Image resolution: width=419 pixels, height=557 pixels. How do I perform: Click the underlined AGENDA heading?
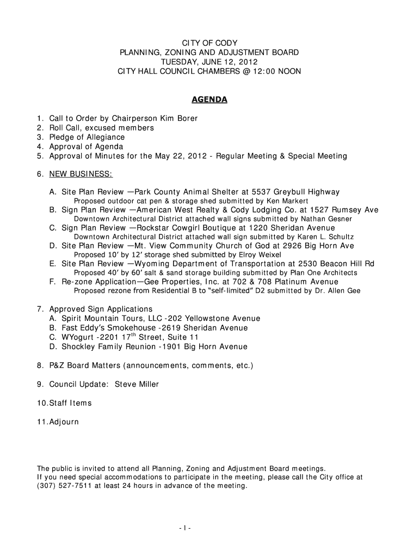(x=209, y=101)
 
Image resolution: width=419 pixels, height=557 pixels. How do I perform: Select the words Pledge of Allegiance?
(x=87, y=137)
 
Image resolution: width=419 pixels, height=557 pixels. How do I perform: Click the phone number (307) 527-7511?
(x=59, y=486)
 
